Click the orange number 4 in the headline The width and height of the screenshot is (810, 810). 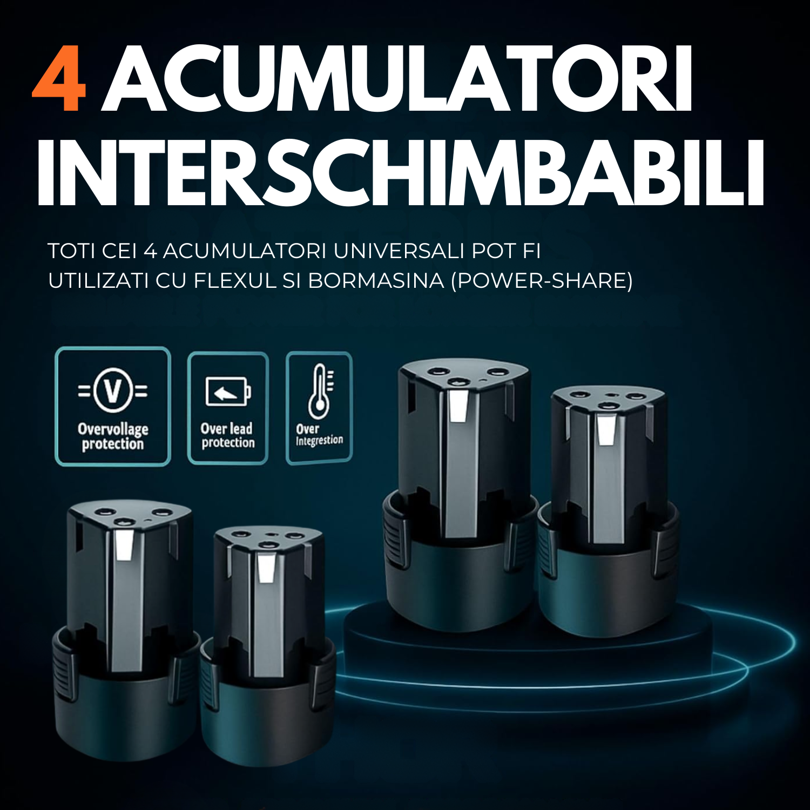(59, 79)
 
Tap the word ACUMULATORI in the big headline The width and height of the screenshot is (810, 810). (397, 79)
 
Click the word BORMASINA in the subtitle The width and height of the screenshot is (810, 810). (376, 281)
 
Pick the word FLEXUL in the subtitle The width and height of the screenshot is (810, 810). (235, 281)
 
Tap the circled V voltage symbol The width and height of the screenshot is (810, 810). (113, 389)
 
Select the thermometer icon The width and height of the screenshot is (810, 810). (320, 391)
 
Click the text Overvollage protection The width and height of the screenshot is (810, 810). (113, 436)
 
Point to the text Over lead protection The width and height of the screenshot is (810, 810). (227, 435)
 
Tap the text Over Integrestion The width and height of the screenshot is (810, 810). (319, 435)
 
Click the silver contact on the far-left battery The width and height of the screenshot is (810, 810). (125, 544)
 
